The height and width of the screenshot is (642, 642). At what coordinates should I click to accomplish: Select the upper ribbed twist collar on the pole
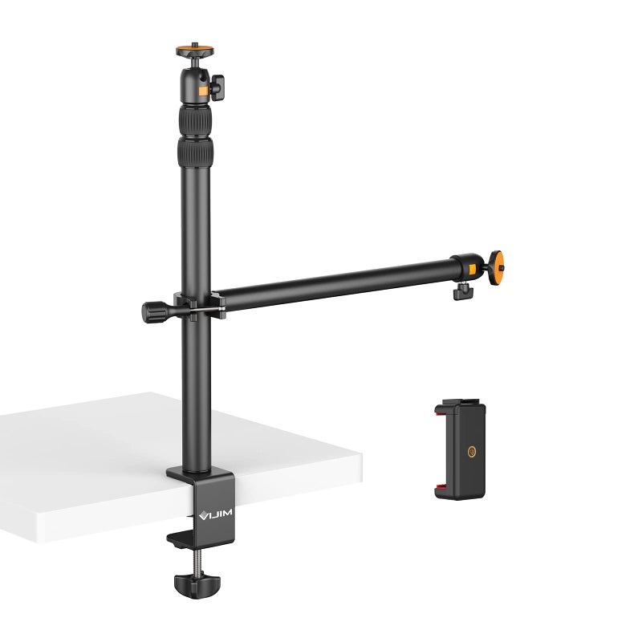click(x=195, y=120)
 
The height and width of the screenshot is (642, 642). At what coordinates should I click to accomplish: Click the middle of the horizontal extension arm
click(x=333, y=282)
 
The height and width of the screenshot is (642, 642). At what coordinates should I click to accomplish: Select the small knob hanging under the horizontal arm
click(x=462, y=291)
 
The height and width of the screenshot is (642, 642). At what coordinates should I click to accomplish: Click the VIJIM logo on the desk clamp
click(x=213, y=510)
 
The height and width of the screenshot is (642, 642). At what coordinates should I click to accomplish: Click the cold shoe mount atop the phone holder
click(x=457, y=402)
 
